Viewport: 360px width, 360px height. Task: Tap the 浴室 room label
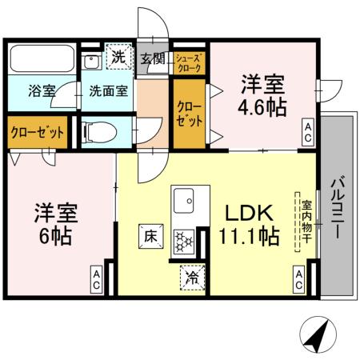(42, 90)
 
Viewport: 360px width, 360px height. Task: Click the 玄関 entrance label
(152, 58)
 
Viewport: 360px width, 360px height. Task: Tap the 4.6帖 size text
(262, 107)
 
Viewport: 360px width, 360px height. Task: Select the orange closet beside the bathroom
(38, 132)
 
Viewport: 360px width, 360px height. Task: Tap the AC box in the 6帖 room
(94, 279)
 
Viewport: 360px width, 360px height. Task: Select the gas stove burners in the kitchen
(185, 238)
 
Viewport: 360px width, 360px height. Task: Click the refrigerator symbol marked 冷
(192, 276)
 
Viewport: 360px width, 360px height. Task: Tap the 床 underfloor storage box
(150, 237)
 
